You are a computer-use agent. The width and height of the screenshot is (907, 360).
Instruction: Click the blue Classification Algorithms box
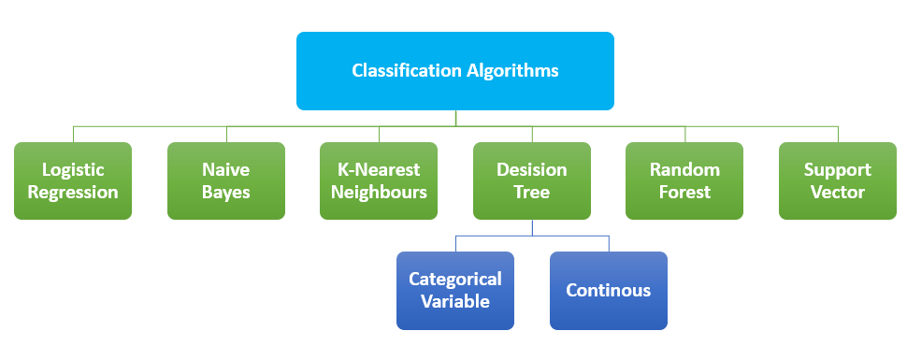pyautogui.click(x=455, y=70)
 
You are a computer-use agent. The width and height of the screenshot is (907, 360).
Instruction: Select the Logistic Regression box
pyautogui.click(x=73, y=180)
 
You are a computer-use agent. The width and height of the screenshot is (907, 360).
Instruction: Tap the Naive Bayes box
pyautogui.click(x=225, y=180)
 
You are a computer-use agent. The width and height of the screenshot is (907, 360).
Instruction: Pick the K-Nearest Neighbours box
pyautogui.click(x=379, y=180)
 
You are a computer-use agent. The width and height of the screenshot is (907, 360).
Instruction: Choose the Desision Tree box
pyautogui.click(x=531, y=180)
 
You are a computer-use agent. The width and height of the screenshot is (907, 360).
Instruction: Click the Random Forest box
pyautogui.click(x=684, y=180)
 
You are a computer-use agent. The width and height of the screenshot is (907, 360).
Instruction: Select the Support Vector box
pyautogui.click(x=838, y=180)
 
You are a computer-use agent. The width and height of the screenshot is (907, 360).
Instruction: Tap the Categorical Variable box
pyautogui.click(x=455, y=290)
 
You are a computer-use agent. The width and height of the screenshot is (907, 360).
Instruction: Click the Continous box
pyautogui.click(x=608, y=290)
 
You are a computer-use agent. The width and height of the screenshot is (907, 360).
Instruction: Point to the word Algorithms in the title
pyautogui.click(x=513, y=70)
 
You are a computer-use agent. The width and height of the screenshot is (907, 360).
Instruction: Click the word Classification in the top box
pyautogui.click(x=408, y=70)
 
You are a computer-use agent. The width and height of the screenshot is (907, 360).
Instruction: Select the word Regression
pyautogui.click(x=73, y=193)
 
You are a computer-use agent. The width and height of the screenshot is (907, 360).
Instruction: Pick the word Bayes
pyautogui.click(x=225, y=193)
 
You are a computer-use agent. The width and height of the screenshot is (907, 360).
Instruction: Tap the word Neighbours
pyautogui.click(x=379, y=193)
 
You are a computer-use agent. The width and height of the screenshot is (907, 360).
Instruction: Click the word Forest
pyautogui.click(x=684, y=193)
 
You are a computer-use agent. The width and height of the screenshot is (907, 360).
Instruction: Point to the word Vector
pyautogui.click(x=838, y=193)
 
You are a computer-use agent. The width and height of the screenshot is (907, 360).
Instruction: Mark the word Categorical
pyautogui.click(x=455, y=279)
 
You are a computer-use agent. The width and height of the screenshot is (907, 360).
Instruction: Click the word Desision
pyautogui.click(x=531, y=170)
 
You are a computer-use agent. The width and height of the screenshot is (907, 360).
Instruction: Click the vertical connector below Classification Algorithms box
pyautogui.click(x=455, y=118)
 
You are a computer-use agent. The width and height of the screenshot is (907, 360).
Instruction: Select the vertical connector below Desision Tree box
pyautogui.click(x=531, y=227)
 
